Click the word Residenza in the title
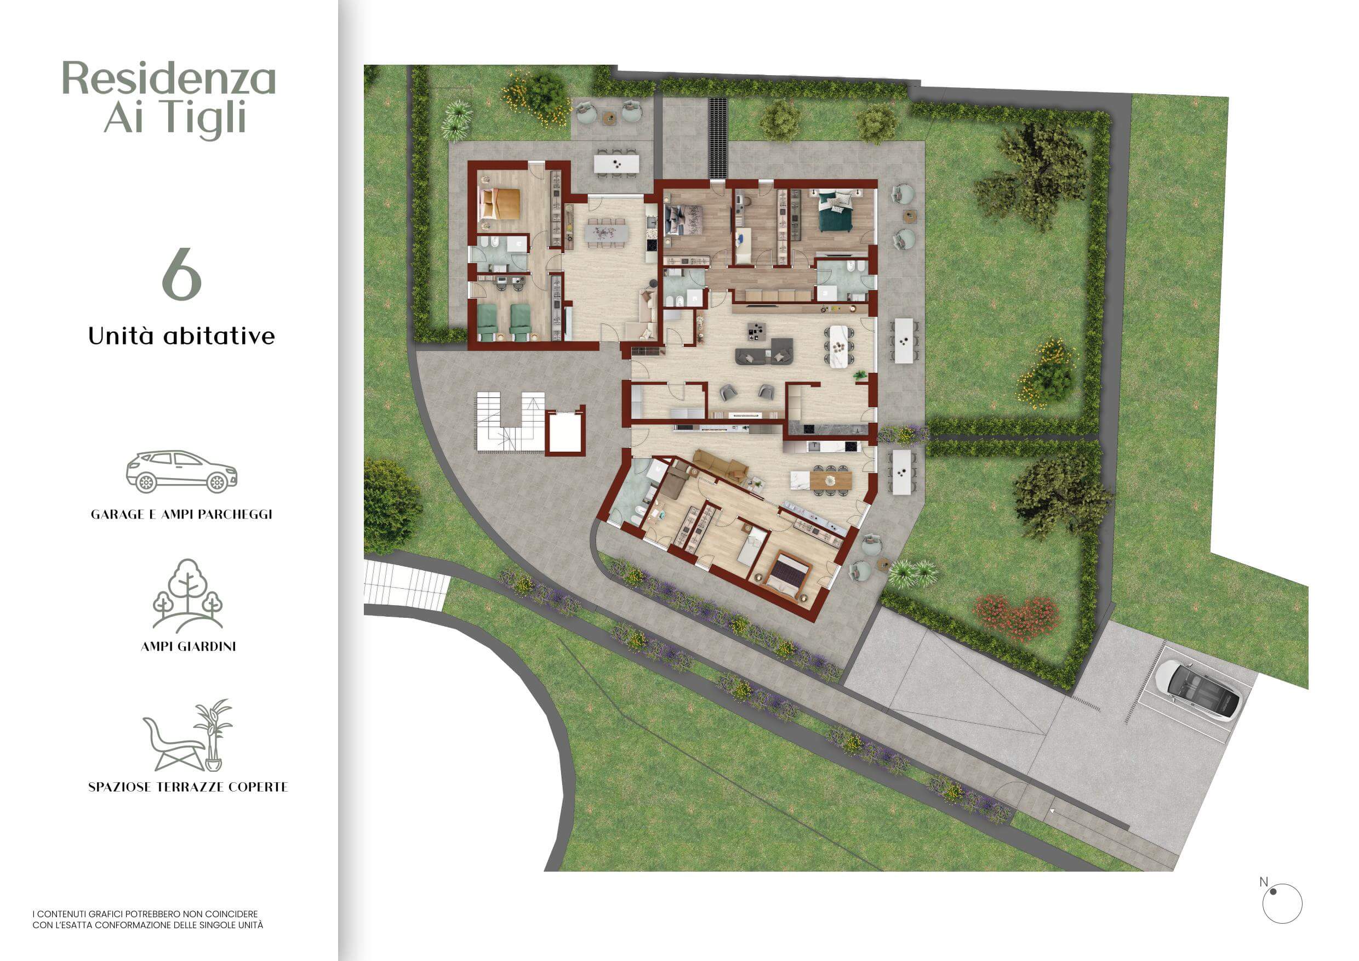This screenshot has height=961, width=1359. pos(169,79)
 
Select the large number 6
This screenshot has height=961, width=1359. pos(182,275)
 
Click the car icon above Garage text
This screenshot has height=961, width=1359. pos(182,471)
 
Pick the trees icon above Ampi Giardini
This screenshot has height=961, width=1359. pos(187,595)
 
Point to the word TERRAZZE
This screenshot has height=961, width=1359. pos(193,787)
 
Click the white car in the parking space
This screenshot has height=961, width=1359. pos(1197,689)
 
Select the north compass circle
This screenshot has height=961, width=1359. pos(1282,904)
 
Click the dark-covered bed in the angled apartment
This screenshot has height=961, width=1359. pos(787,572)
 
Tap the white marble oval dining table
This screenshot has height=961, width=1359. pos(840,346)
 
